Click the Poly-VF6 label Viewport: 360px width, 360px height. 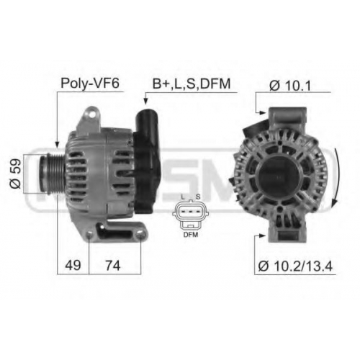[x=90, y=84]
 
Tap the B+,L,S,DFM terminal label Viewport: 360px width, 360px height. [x=192, y=84]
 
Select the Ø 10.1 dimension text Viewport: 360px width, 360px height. [x=290, y=86]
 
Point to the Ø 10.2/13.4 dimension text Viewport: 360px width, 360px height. [x=295, y=266]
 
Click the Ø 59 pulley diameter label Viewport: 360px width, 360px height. [x=16, y=174]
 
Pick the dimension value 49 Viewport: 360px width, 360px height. [x=73, y=266]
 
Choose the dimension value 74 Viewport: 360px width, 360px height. [x=113, y=266]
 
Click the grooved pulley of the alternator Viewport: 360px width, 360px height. [x=51, y=173]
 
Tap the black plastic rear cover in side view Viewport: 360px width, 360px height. [x=146, y=161]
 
